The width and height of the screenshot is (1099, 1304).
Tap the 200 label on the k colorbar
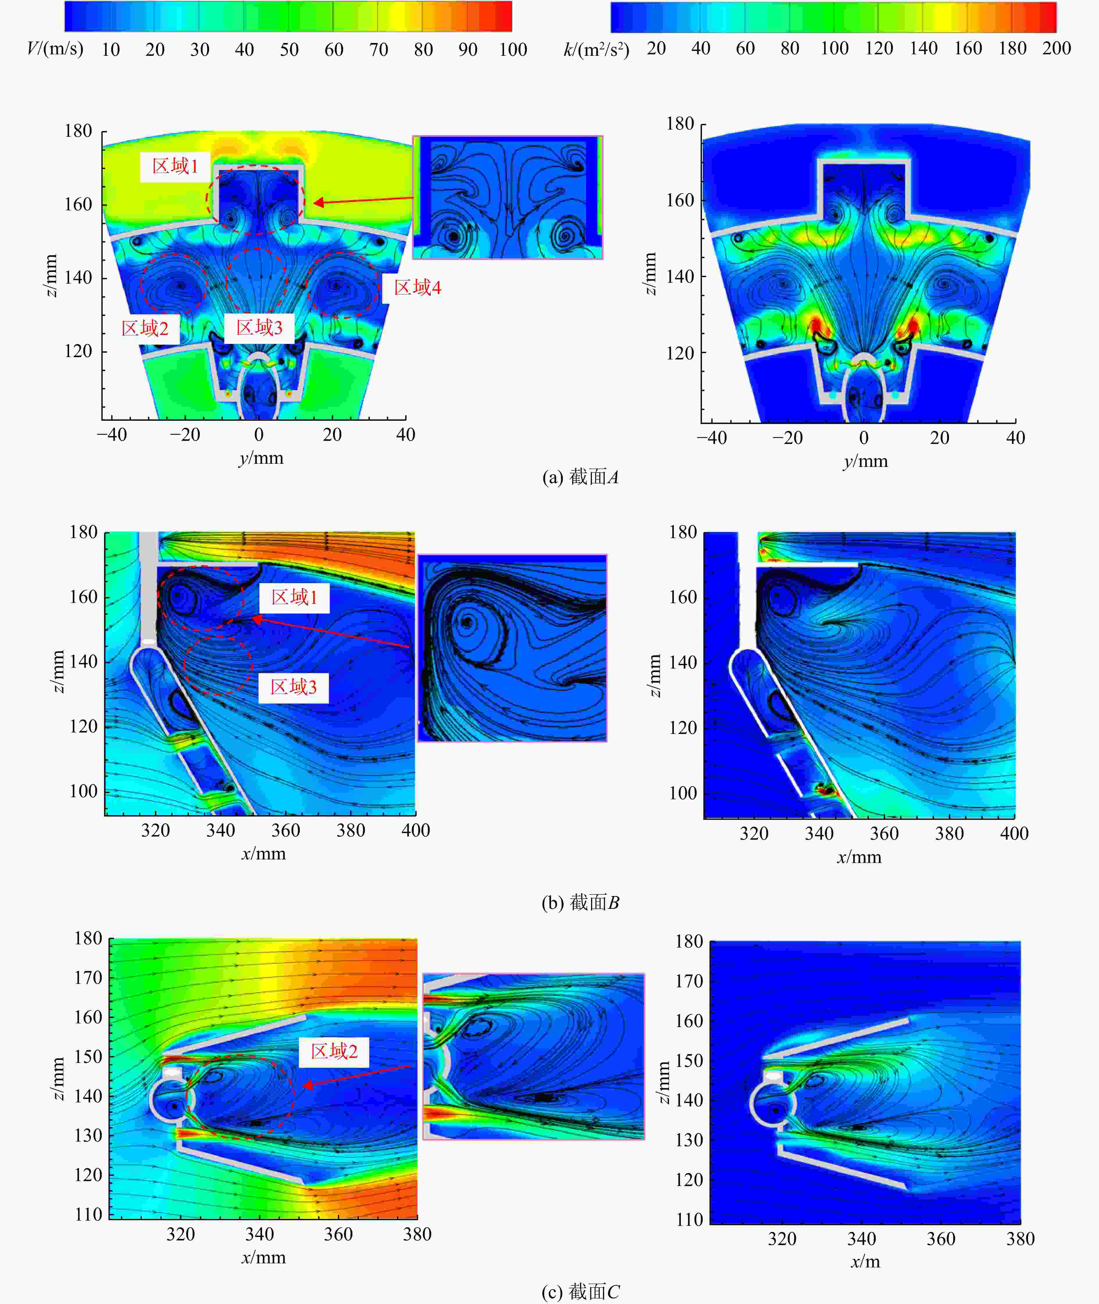click(x=1057, y=49)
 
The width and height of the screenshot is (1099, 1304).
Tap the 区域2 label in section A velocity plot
click(x=145, y=328)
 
